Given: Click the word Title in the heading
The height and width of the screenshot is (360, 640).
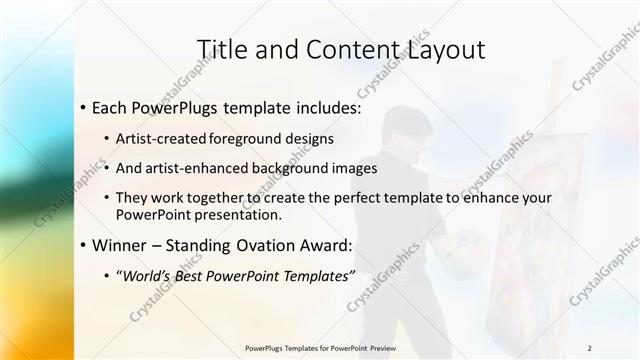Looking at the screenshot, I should pyautogui.click(x=221, y=49).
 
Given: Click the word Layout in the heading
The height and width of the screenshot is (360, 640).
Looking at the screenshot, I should pyautogui.click(x=435, y=49).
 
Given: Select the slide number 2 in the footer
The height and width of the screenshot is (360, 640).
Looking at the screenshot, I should pyautogui.click(x=590, y=348).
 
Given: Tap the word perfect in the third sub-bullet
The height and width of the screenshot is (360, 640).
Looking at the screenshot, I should pyautogui.click(x=353, y=198).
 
